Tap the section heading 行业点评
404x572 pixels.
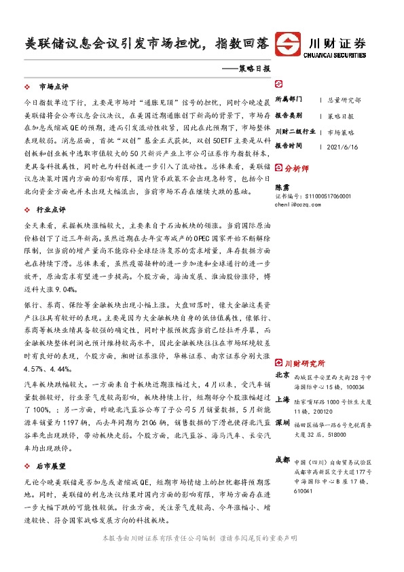pos(54,211)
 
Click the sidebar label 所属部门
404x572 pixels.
pos(289,99)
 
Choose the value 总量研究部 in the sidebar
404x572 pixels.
pos(344,99)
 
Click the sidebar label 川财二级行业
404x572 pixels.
pos(295,131)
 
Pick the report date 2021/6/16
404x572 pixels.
pos(344,147)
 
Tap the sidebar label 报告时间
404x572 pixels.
pos(289,146)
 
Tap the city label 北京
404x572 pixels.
pos(282,375)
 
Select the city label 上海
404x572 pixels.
pos(282,399)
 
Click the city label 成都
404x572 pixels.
pos(282,461)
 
